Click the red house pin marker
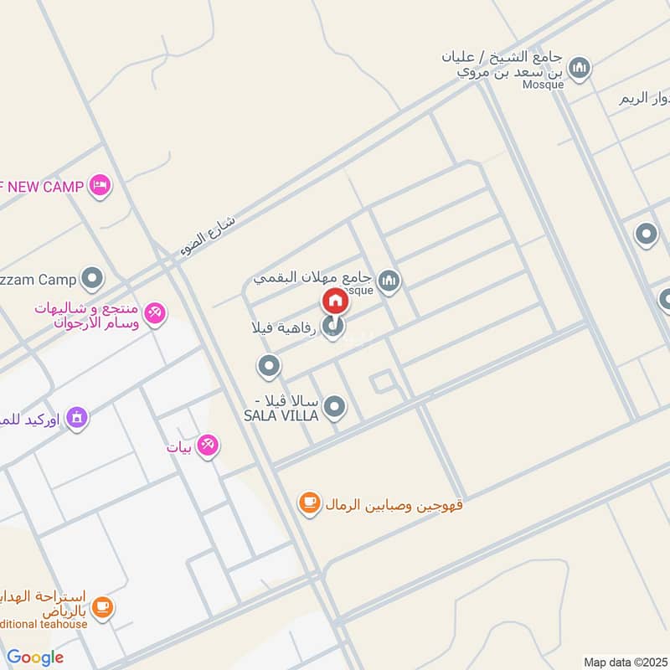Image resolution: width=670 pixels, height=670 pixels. [x=334, y=301]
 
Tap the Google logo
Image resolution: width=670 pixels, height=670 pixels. [x=35, y=657]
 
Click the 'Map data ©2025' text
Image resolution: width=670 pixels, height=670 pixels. [x=625, y=662]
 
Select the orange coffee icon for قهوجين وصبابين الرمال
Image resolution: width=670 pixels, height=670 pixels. [x=310, y=502]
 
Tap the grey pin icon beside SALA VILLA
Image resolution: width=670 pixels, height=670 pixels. [x=334, y=408]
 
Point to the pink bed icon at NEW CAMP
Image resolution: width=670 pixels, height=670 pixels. [x=100, y=186]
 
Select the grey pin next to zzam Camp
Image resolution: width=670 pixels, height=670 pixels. [x=92, y=278]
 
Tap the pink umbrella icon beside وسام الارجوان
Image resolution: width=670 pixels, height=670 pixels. [x=154, y=315]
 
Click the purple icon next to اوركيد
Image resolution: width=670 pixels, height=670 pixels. [x=77, y=416]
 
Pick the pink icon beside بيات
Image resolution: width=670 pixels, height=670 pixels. [x=207, y=446]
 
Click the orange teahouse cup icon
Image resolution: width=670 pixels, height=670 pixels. [x=102, y=606]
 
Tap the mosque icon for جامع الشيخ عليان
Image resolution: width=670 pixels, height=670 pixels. [x=579, y=67]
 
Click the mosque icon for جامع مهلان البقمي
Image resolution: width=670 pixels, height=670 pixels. [x=388, y=281]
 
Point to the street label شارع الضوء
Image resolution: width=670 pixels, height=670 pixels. [x=209, y=236]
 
